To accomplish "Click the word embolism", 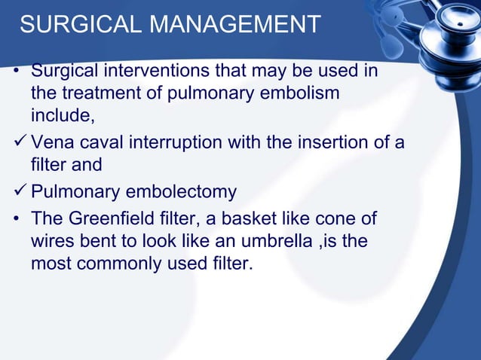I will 302,94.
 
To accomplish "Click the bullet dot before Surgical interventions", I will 17,74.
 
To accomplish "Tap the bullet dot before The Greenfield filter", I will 17,220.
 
